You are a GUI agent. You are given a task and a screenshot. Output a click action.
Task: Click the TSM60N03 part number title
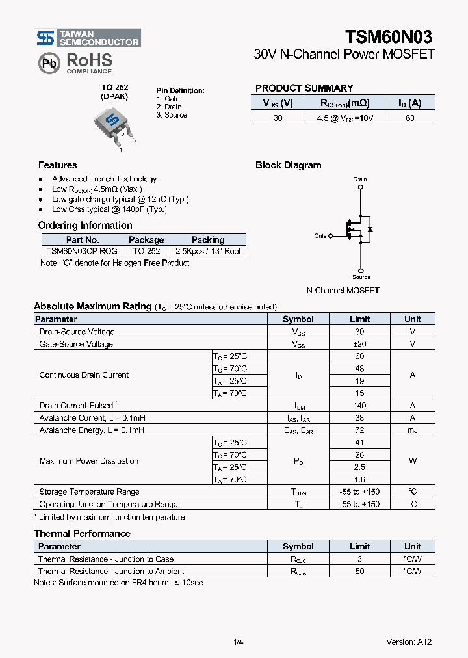(x=389, y=36)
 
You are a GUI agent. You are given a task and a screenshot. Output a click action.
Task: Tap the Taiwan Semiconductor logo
(x=88, y=38)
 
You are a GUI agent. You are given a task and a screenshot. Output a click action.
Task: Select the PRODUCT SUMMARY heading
(x=304, y=88)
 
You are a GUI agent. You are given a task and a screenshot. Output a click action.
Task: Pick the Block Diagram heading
(x=288, y=165)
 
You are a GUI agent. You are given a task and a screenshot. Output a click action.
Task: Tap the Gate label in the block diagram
(x=320, y=236)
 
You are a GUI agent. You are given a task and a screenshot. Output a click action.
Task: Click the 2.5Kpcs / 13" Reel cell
(x=207, y=250)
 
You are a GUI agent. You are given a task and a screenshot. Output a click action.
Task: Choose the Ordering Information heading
(x=85, y=226)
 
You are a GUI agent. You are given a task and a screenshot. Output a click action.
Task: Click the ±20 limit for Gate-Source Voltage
(x=359, y=344)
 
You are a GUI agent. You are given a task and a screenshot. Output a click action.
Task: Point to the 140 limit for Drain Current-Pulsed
(x=359, y=406)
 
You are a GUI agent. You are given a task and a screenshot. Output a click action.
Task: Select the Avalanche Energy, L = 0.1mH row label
(x=92, y=430)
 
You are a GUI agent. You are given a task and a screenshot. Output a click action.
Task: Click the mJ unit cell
(x=412, y=430)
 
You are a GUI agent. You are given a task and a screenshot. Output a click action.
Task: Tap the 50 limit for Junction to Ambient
(x=359, y=571)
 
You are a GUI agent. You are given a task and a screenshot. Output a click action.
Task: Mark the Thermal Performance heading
(x=82, y=534)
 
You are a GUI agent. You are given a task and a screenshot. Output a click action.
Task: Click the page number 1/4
(x=238, y=642)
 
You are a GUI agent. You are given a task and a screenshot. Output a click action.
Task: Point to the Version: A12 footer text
(x=409, y=642)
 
